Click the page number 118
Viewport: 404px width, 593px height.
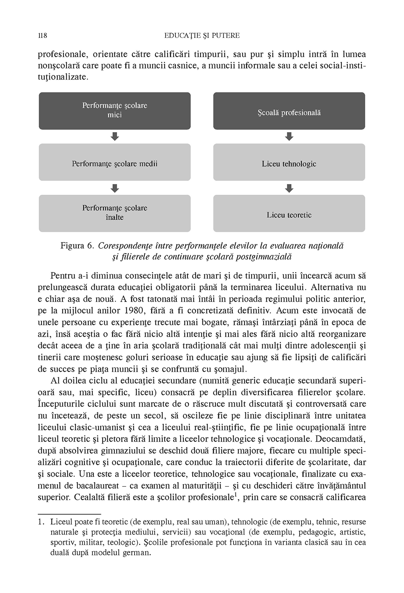[x=42, y=36]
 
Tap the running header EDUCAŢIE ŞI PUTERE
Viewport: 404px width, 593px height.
[x=202, y=36]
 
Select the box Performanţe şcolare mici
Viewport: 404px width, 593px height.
[x=115, y=111]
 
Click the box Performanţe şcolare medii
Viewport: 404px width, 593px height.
[x=115, y=162]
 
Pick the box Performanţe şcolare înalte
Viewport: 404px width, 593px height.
[x=115, y=213]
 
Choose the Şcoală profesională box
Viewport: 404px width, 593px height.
[x=289, y=111]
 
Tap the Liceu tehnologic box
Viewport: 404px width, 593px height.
[x=289, y=162]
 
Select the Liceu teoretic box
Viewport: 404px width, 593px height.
[x=289, y=213]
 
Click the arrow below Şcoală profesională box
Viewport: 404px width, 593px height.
[x=289, y=137]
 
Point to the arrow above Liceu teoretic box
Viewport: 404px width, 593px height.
[x=289, y=188]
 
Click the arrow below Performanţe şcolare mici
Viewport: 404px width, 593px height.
[x=115, y=137]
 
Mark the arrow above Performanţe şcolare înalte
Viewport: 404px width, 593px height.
[x=115, y=188]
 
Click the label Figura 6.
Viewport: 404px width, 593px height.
[x=77, y=246]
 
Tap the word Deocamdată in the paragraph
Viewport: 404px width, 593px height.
[x=342, y=438]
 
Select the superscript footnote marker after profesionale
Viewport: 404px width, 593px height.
[x=236, y=494]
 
